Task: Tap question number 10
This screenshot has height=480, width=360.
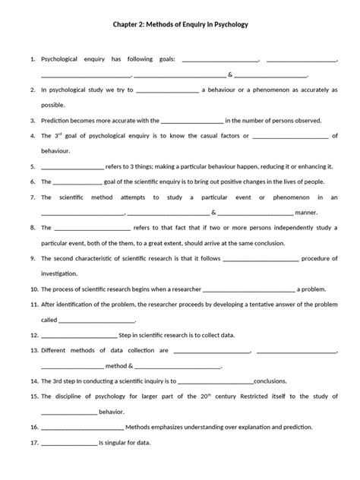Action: click(33, 289)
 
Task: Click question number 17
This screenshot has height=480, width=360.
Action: click(33, 443)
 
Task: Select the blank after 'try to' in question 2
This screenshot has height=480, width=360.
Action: click(167, 90)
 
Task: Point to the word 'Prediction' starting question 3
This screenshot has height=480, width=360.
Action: click(58, 120)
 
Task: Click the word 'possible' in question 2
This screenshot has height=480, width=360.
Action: click(53, 105)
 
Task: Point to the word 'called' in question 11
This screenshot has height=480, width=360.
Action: click(49, 320)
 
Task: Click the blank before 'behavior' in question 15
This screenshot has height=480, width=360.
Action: click(69, 412)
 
